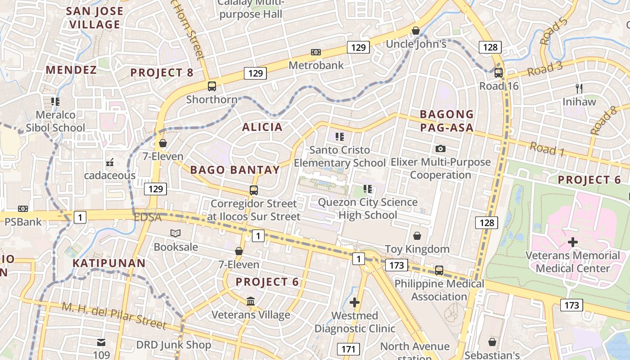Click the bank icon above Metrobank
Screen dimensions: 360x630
coord(316,52)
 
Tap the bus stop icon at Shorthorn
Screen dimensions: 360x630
coord(211,86)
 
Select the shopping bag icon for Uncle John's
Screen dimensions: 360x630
coord(416,31)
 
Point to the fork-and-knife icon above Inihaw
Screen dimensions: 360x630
coord(579,89)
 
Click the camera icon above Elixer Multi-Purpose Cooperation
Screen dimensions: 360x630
coord(441,148)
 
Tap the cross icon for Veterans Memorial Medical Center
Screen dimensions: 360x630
coord(573,242)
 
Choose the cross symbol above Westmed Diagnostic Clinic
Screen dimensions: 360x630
coord(355,302)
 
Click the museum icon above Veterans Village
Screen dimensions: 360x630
coord(251,301)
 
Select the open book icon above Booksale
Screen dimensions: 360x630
coord(175,233)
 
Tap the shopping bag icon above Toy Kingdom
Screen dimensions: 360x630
coord(417,236)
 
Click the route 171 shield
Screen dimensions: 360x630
coord(348,349)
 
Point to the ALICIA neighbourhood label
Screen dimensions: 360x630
coord(262,127)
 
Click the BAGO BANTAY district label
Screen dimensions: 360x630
coord(235,170)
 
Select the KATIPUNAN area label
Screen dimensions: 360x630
coord(109,263)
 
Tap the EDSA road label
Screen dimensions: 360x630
coord(148,217)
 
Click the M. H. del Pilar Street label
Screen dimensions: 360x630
coord(114,315)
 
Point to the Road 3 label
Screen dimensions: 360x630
coord(544,69)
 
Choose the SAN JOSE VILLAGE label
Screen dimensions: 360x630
coord(95,18)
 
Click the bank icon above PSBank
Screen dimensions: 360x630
coord(23,209)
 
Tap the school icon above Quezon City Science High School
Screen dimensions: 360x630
coord(368,189)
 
